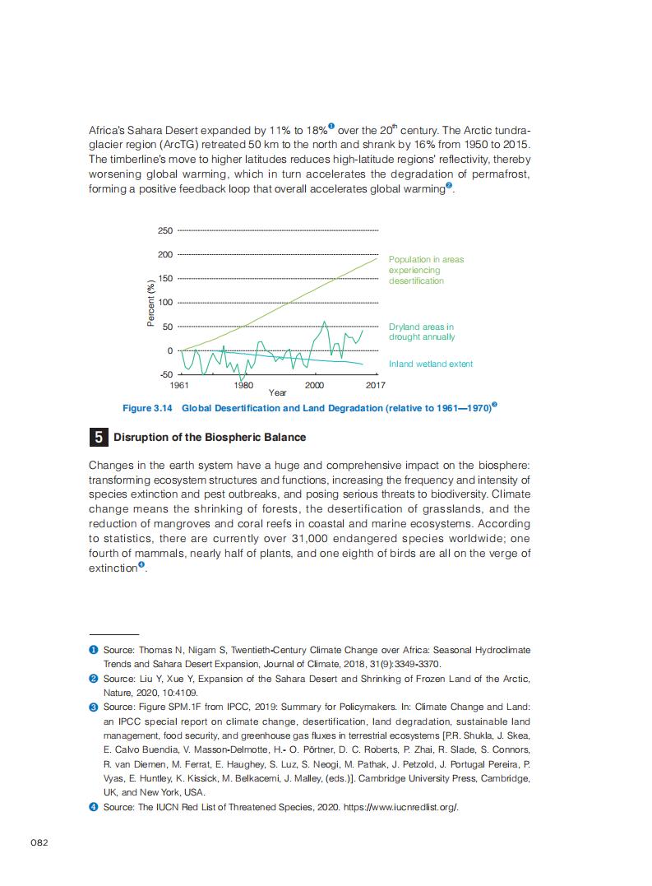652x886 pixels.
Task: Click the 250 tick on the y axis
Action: click(165, 231)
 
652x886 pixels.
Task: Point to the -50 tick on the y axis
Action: click(165, 374)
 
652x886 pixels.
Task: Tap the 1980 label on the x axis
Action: click(243, 384)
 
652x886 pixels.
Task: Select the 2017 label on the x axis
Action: click(375, 384)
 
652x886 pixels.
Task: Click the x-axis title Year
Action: click(278, 392)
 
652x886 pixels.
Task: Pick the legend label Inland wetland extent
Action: click(431, 364)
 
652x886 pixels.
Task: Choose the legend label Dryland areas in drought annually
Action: click(421, 332)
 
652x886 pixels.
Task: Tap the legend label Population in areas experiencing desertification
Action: click(426, 270)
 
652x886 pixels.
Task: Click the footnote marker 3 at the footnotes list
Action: click(94, 707)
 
